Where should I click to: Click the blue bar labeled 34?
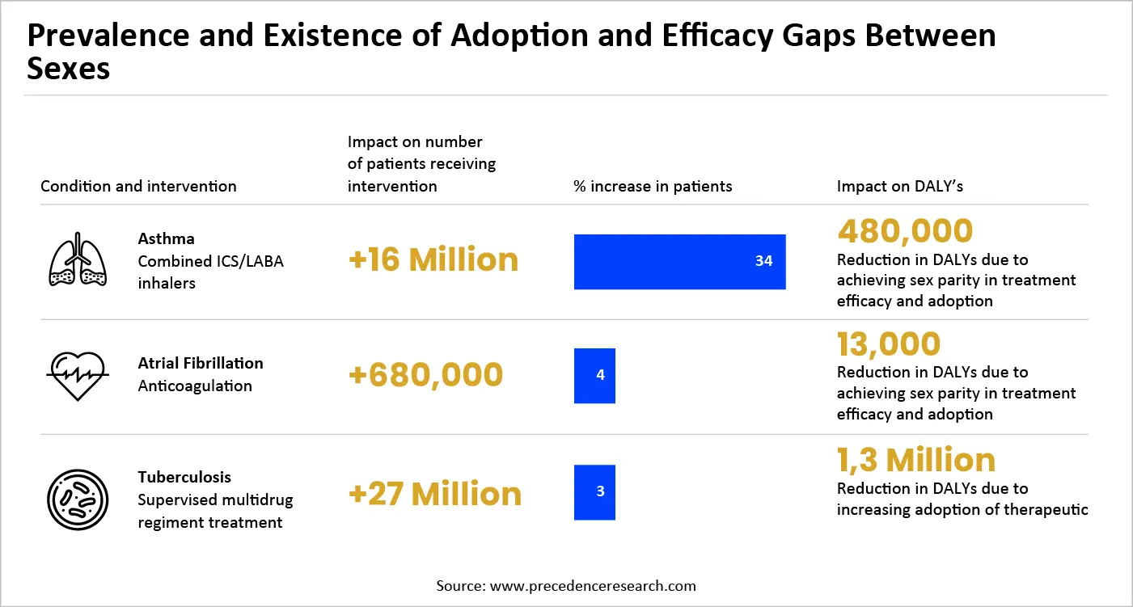(679, 262)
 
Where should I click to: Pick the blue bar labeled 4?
(594, 376)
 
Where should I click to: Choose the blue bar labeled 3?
(594, 492)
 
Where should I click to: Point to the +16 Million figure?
(433, 260)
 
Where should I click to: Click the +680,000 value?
(425, 375)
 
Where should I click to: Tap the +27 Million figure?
(434, 494)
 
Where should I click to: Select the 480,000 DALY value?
(905, 231)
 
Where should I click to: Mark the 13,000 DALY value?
(889, 344)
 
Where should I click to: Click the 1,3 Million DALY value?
(915, 460)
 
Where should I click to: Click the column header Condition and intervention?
(138, 187)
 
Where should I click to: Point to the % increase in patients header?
(653, 187)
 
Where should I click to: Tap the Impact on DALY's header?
(899, 187)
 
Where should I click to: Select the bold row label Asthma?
(166, 239)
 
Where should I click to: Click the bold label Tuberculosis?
(184, 477)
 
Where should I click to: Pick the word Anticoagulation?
(195, 386)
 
